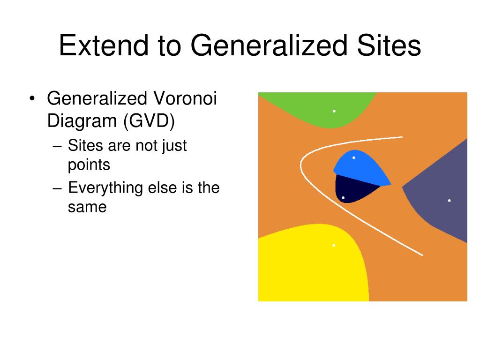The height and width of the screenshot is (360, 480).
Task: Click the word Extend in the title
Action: pyautogui.click(x=104, y=45)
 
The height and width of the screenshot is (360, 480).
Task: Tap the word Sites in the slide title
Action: pyautogui.click(x=389, y=45)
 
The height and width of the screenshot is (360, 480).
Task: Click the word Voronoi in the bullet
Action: pyautogui.click(x=185, y=98)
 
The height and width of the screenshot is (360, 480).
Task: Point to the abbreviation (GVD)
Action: pyautogui.click(x=149, y=121)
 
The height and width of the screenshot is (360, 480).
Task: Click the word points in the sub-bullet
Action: pyautogui.click(x=89, y=165)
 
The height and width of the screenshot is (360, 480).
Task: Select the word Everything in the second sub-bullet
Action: pyautogui.click(x=105, y=188)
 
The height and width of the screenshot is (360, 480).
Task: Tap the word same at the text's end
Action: pyautogui.click(x=87, y=207)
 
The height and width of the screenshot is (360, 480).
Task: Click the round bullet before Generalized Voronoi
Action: pyautogui.click(x=32, y=98)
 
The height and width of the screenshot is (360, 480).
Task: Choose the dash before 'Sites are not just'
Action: pyautogui.click(x=57, y=146)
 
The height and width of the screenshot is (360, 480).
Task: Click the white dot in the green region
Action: pyautogui.click(x=334, y=111)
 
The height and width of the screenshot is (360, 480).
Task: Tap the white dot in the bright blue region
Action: pyautogui.click(x=354, y=157)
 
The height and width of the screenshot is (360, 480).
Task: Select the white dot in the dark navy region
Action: pyautogui.click(x=343, y=198)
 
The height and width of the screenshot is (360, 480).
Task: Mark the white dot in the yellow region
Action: pyautogui.click(x=334, y=246)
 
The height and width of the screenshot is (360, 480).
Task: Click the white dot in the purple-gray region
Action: pyautogui.click(x=450, y=201)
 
